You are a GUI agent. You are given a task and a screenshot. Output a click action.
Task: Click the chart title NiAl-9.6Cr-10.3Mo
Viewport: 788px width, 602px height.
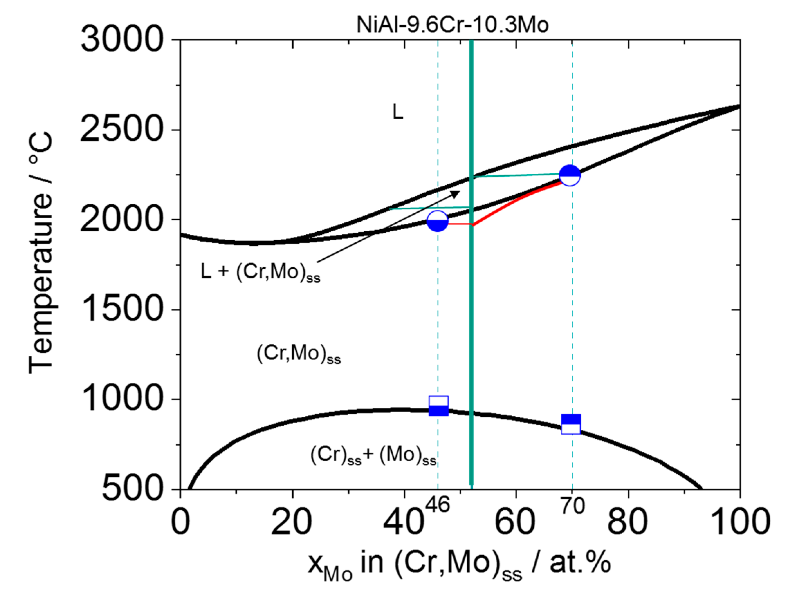452,25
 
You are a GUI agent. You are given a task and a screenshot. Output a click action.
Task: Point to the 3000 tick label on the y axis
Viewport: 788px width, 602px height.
122,40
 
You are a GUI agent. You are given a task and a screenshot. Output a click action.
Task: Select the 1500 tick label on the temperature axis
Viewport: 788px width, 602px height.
122,309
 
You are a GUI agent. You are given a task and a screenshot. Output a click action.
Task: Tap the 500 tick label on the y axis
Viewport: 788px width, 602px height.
132,490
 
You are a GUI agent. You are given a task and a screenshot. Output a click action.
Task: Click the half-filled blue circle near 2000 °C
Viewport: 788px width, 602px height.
437,221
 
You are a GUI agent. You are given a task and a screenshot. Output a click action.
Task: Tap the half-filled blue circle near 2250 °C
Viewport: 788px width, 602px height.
570,175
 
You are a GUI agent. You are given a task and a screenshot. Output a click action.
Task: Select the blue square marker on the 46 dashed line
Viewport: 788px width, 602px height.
439,406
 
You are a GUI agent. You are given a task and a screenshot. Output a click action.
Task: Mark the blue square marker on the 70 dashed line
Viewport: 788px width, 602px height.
571,424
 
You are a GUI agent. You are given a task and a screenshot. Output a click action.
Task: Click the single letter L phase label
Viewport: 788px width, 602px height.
397,112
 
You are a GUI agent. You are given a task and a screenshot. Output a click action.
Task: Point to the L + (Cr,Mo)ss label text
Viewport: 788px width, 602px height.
260,272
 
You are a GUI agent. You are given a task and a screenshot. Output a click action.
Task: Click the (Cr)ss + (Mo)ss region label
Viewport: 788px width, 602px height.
373,456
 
